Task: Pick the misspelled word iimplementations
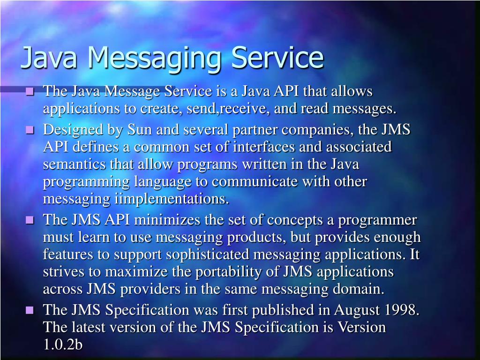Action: tap(172, 199)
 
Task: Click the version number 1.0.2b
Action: tap(63, 345)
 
